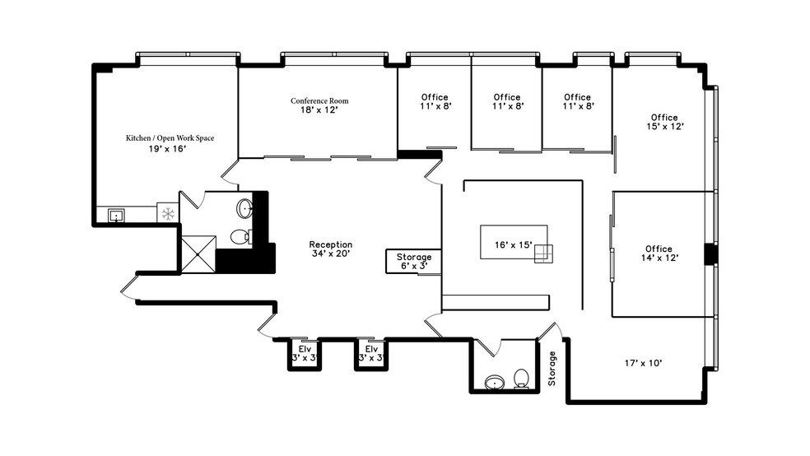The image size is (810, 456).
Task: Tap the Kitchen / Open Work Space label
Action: tap(170, 138)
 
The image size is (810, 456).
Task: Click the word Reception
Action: tap(330, 244)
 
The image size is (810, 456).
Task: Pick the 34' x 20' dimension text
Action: tap(330, 254)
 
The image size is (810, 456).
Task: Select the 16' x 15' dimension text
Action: tap(513, 245)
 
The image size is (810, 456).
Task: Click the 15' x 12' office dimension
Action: tap(663, 127)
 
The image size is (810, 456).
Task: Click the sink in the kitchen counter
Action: tap(116, 216)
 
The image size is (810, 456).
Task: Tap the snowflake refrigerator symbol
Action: tap(168, 214)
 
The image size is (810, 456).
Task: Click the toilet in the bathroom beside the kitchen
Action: tap(240, 237)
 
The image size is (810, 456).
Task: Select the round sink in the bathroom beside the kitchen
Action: tap(245, 207)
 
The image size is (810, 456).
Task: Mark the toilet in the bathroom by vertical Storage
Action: tap(521, 379)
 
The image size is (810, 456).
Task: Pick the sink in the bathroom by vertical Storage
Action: tap(494, 382)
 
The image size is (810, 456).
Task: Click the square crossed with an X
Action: tap(198, 254)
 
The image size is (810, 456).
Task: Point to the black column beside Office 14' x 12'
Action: tap(710, 254)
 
